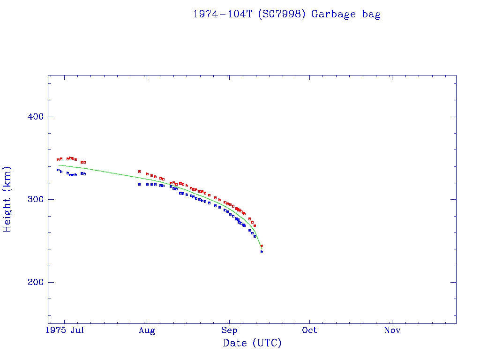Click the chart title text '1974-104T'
point(223,14)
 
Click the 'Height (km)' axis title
point(7,199)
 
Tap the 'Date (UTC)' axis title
point(252,343)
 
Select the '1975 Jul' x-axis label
point(67,330)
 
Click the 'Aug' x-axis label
point(147,330)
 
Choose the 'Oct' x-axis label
point(309,330)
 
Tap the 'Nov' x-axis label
point(392,330)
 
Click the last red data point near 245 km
point(262,246)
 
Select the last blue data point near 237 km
point(262,252)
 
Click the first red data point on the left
point(58,160)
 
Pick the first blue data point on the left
point(58,170)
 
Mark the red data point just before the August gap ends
point(139,172)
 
